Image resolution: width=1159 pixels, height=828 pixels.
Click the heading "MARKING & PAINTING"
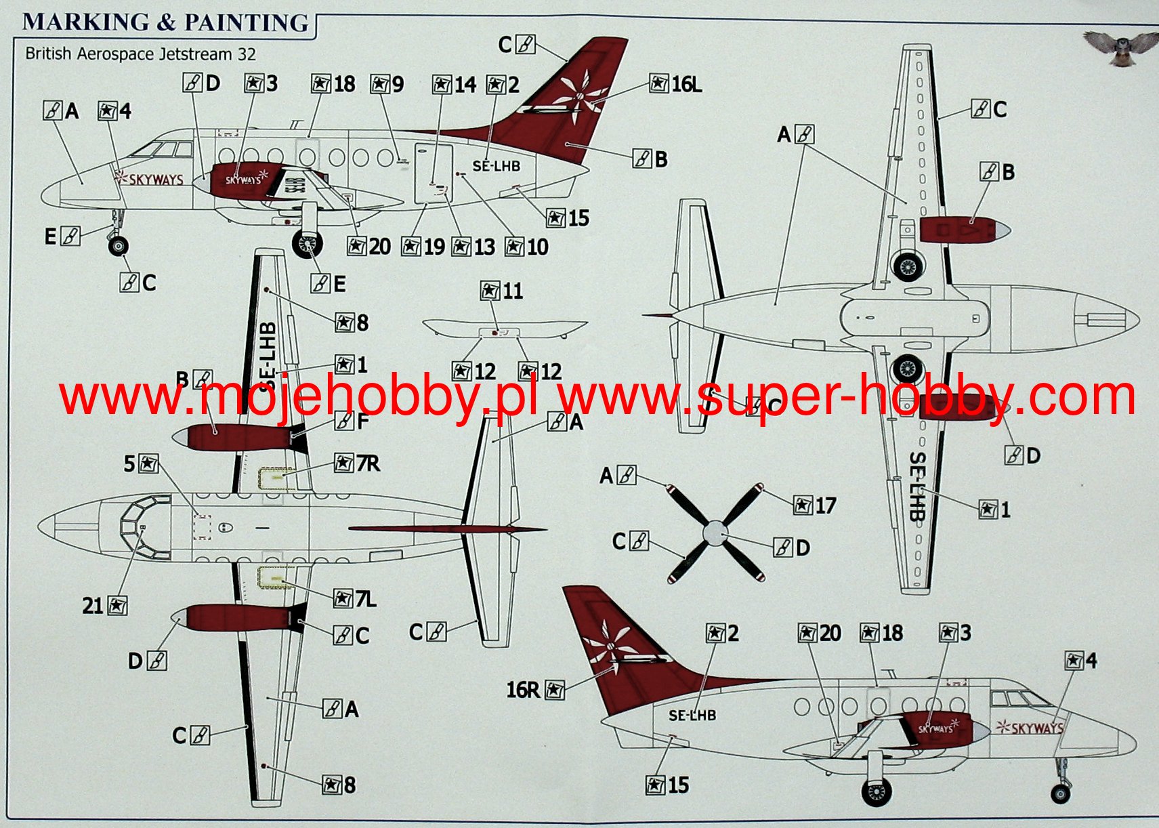click(165, 22)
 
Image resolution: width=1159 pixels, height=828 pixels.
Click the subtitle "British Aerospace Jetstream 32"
click(140, 54)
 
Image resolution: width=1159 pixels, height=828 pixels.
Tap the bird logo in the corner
click(1121, 47)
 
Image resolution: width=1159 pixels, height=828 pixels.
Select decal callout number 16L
click(676, 84)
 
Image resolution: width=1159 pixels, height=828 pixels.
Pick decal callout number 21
click(104, 605)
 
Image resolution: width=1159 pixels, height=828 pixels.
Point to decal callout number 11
click(502, 291)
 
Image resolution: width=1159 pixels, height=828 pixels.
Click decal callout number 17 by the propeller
click(815, 505)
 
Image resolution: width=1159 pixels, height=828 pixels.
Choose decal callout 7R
click(358, 463)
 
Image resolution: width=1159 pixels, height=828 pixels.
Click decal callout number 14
click(455, 85)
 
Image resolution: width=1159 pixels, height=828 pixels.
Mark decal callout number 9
click(387, 84)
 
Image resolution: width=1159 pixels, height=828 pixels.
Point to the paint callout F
click(353, 421)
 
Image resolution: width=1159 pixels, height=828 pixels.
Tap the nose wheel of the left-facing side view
click(118, 245)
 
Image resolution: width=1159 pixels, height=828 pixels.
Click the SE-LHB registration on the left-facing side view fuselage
click(496, 166)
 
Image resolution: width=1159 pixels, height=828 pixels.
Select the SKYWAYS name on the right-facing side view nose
click(1030, 728)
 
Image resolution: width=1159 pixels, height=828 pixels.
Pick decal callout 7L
click(356, 599)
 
